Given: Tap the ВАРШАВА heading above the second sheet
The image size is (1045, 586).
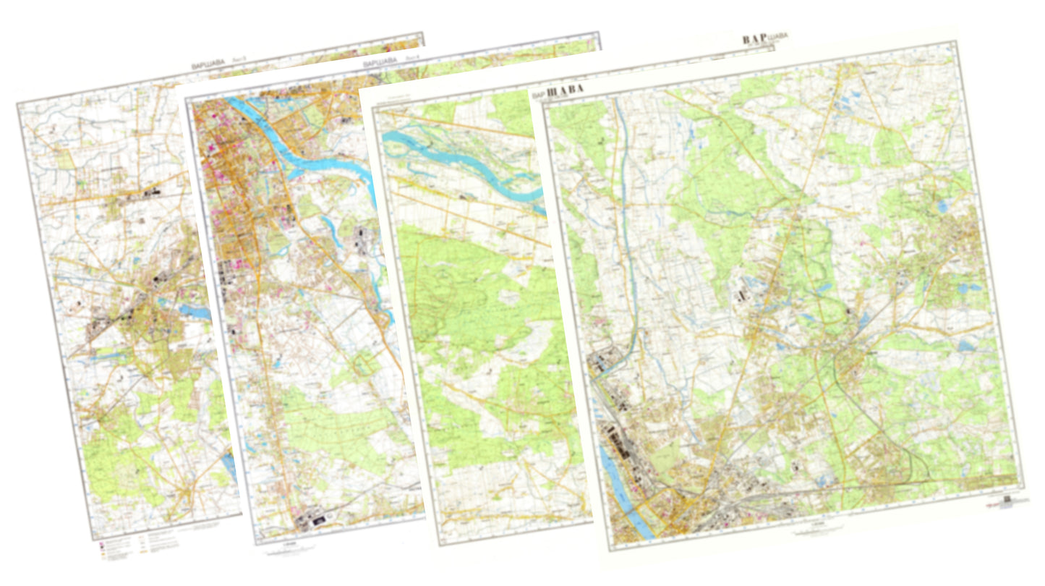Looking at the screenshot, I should coord(380,64).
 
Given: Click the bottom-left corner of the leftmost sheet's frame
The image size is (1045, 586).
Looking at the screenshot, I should coord(93,538).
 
